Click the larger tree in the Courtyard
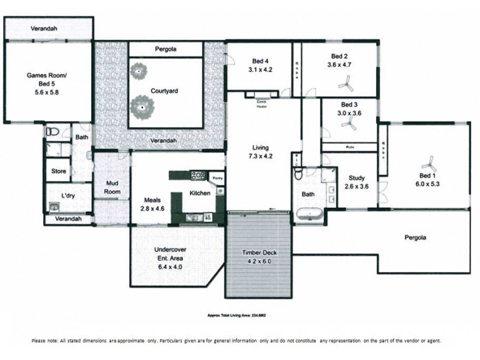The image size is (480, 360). pyautogui.click(x=143, y=107)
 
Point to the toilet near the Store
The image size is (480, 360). pyautogui.click(x=52, y=132)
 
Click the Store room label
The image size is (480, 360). pyautogui.click(x=58, y=171)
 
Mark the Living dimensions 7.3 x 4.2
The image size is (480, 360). pyautogui.click(x=260, y=156)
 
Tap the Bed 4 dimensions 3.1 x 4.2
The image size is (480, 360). pyautogui.click(x=260, y=70)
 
